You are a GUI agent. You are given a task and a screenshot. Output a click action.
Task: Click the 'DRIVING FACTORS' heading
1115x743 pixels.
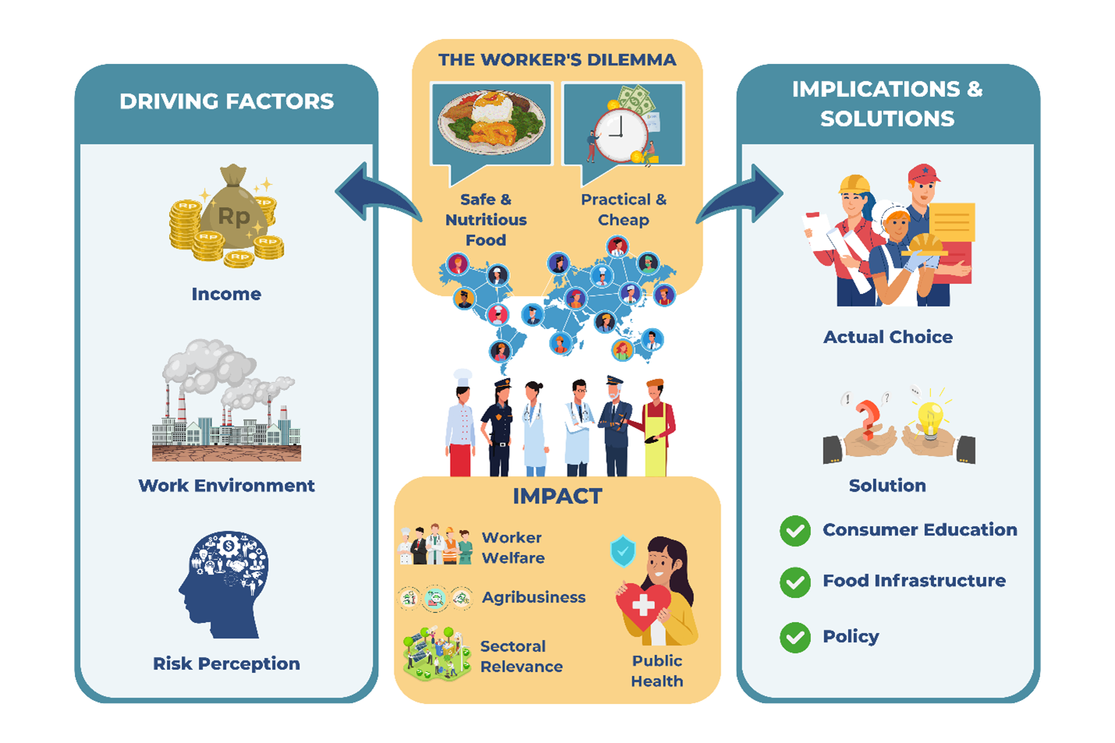226,101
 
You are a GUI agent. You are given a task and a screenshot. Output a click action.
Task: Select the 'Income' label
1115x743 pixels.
226,294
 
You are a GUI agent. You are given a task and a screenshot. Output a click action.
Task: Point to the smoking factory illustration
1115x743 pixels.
226,402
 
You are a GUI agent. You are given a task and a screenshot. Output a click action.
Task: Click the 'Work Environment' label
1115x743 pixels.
226,486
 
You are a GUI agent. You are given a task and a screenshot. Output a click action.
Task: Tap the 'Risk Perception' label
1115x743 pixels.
226,663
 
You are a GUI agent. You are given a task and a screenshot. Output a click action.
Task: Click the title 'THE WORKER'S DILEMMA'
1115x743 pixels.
557,60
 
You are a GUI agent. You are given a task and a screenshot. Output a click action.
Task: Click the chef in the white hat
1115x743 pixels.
461,425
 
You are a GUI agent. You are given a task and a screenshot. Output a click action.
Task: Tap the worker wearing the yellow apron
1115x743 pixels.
656,429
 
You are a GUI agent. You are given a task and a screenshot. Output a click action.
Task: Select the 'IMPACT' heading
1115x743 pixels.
557,496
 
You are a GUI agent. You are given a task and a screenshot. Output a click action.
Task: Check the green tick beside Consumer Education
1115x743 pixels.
795,531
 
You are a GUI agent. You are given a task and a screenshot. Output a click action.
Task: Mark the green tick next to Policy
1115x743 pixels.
795,637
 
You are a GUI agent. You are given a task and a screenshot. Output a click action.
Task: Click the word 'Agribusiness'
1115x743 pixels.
533,597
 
